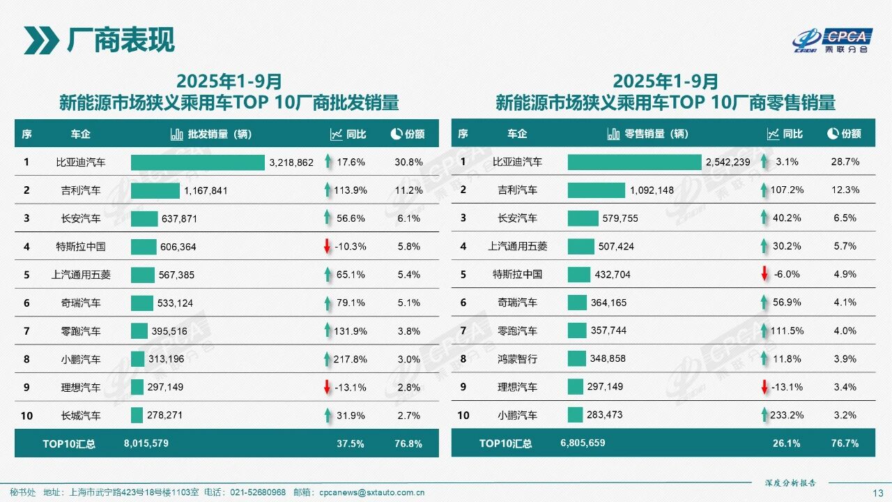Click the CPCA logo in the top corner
point(833,40)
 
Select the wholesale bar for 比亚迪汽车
point(198,162)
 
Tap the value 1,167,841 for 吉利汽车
point(206,190)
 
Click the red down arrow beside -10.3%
point(326,247)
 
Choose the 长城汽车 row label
point(81,416)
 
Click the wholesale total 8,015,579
point(146,443)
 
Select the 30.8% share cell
point(409,162)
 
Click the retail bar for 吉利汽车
point(597,190)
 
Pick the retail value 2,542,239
point(728,162)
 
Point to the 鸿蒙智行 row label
point(518,359)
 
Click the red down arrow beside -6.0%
point(764,275)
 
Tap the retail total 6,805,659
point(583,443)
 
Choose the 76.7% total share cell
point(845,443)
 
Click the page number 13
point(878,493)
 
